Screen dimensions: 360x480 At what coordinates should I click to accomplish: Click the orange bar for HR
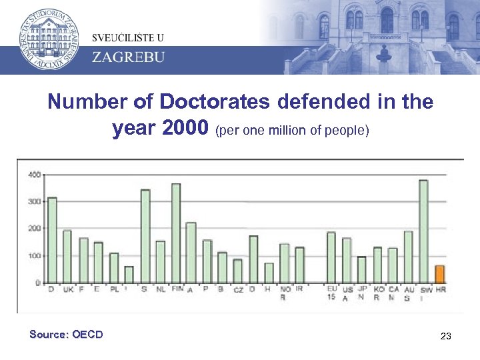coord(439,274)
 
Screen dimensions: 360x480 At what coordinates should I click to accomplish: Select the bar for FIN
coord(176,233)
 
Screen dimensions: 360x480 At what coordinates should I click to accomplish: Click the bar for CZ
coord(237,271)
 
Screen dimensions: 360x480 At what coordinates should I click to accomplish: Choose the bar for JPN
coord(362,269)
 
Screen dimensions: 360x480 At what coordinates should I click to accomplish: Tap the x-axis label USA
coord(347,294)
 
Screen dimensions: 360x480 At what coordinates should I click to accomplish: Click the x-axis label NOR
coord(285,294)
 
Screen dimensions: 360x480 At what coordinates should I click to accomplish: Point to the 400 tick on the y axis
coord(34,175)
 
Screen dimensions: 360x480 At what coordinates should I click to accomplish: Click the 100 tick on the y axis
coord(34,256)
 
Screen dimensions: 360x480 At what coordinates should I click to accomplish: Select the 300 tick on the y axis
coord(34,201)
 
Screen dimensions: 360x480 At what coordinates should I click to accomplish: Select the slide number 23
coord(446,337)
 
